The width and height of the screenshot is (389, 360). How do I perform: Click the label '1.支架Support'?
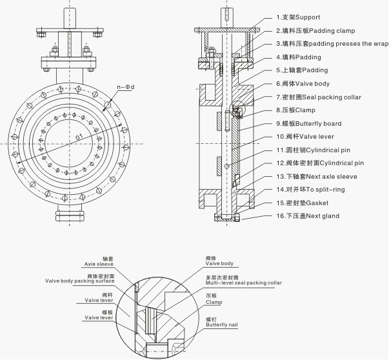point(298,17)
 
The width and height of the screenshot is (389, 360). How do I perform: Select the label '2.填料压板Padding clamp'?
point(315,31)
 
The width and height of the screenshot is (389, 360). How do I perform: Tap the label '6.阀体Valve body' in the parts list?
point(303,84)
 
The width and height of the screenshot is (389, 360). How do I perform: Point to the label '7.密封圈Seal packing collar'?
point(319,97)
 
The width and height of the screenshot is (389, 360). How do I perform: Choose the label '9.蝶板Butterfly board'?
point(309,124)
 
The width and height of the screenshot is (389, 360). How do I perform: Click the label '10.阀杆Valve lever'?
point(305,137)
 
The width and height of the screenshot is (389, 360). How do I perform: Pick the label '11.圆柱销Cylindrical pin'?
point(314,150)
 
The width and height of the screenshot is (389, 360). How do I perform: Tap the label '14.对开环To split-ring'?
point(310,190)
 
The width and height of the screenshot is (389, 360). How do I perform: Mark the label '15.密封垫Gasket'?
point(302,203)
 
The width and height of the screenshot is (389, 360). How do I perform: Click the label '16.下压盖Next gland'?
point(308,216)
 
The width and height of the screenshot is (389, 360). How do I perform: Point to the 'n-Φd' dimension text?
point(126,87)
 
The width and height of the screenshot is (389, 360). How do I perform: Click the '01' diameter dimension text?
point(79,137)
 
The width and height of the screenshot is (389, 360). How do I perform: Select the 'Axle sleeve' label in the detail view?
point(99,265)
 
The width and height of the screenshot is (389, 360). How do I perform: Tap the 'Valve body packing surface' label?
point(79,281)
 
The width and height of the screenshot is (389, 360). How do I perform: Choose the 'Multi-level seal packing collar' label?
point(244,283)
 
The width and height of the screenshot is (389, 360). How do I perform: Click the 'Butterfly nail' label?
point(222,325)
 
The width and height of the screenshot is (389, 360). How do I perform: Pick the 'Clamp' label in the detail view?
point(214,302)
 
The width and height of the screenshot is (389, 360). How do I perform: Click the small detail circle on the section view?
point(237,108)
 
